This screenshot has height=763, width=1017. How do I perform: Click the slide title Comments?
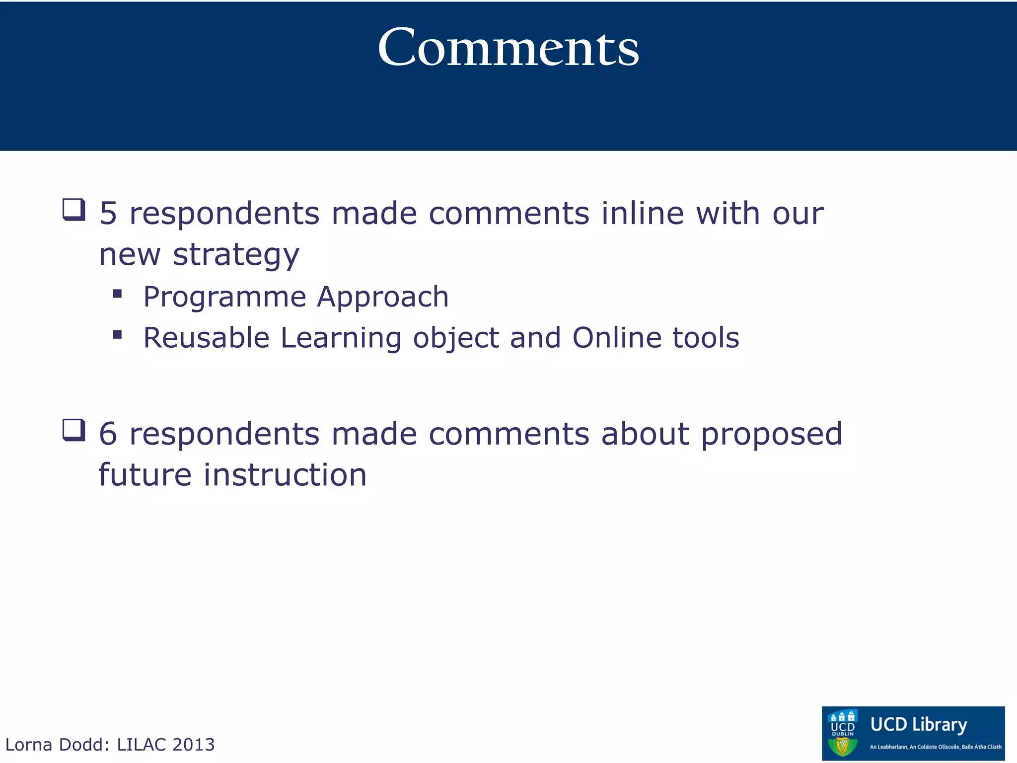[508, 48]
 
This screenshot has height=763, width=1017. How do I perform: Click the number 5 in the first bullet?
[108, 214]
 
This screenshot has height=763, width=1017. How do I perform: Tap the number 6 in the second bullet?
[108, 434]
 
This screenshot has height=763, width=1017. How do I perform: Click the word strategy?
[236, 255]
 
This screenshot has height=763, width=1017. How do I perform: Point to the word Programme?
[224, 297]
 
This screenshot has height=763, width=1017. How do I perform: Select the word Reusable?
[206, 338]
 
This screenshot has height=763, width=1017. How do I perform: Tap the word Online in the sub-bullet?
[617, 338]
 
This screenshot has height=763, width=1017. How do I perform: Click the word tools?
[706, 338]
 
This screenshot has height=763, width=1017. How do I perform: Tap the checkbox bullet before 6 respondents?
[73, 430]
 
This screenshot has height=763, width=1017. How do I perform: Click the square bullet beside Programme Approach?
[117, 294]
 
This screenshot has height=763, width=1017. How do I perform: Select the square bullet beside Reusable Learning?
[117, 335]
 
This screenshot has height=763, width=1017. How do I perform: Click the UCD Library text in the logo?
[918, 725]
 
